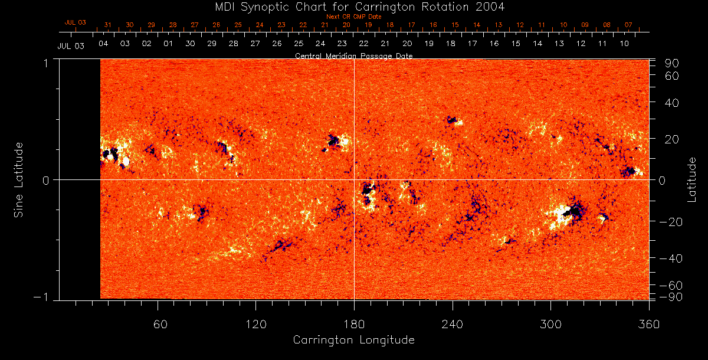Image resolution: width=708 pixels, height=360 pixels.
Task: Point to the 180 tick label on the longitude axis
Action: pos(354,325)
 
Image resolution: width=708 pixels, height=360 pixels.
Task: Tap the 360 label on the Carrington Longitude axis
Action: pos(649,325)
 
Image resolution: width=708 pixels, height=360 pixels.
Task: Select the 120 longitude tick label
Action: pos(255,325)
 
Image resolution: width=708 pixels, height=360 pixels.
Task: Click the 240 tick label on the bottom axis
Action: pos(453,325)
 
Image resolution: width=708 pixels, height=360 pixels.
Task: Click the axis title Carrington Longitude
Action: pos(353,341)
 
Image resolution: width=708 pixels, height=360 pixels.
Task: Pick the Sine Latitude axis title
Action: pos(18,179)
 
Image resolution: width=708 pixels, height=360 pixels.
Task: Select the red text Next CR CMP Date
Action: pos(354,17)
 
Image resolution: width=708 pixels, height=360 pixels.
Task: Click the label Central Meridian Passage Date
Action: pos(353,55)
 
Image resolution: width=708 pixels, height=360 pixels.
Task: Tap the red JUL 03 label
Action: pos(75,22)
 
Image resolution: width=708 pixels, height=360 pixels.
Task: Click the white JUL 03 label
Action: pos(71,46)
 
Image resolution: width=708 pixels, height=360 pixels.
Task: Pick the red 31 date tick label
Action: pos(107,25)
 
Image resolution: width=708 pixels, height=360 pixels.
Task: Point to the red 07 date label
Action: pos(628,25)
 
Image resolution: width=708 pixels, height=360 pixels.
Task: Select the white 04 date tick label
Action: pos(103,44)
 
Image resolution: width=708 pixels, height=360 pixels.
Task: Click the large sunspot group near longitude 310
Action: pos(569,213)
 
